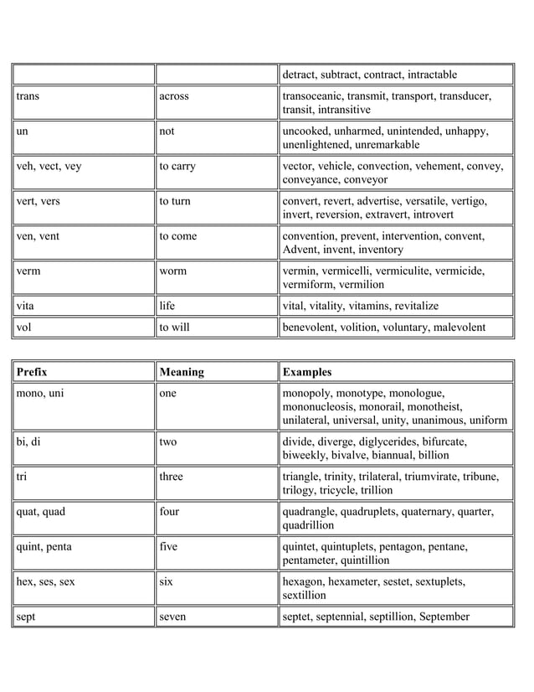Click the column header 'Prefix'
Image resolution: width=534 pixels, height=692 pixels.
pyautogui.click(x=32, y=371)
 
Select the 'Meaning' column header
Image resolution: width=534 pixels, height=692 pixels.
pyautogui.click(x=182, y=371)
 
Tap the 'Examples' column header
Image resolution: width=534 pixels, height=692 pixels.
pyautogui.click(x=307, y=371)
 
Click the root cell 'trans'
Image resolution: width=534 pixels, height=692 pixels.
pyautogui.click(x=28, y=96)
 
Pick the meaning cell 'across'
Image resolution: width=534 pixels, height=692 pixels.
pyautogui.click(x=174, y=96)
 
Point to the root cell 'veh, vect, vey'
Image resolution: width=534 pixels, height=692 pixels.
pyautogui.click(x=49, y=167)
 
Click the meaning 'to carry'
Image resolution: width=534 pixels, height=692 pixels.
pyautogui.click(x=177, y=167)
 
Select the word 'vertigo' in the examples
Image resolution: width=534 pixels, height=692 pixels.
pyautogui.click(x=470, y=202)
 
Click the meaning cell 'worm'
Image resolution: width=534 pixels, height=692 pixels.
pyautogui.click(x=174, y=271)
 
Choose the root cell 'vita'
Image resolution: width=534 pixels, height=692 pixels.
pyautogui.click(x=26, y=306)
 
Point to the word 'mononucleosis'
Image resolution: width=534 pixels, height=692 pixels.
pyautogui.click(x=320, y=406)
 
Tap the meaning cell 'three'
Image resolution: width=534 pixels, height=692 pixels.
pyautogui.click(x=172, y=477)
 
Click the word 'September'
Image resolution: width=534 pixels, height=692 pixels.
pyautogui.click(x=441, y=617)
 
